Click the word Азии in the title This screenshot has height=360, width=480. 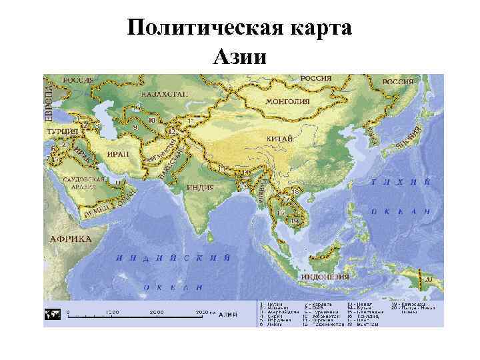click(x=239, y=56)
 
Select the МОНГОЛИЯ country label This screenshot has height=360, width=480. click(x=287, y=101)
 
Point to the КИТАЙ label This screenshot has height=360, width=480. click(x=283, y=139)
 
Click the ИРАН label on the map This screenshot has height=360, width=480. click(x=118, y=153)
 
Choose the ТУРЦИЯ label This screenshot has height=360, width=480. click(x=62, y=132)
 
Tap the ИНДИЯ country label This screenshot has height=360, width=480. click(x=200, y=187)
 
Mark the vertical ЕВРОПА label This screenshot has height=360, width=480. click(x=48, y=100)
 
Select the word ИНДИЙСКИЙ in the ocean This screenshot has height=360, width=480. click(x=173, y=257)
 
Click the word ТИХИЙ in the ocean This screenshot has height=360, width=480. click(x=400, y=181)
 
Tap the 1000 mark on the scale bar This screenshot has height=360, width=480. click(x=112, y=312)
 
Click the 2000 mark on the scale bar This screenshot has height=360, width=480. click(x=156, y=312)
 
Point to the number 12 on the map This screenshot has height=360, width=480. click(x=171, y=132)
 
